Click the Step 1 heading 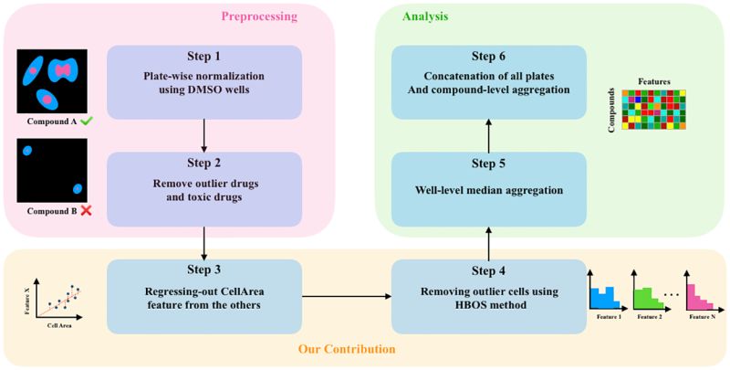pyautogui.click(x=204, y=57)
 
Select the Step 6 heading pyautogui.click(x=488, y=57)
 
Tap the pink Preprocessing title pyautogui.click(x=259, y=16)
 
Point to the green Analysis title pyautogui.click(x=425, y=16)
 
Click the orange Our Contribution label pyautogui.click(x=347, y=349)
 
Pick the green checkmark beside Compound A pyautogui.click(x=86, y=122)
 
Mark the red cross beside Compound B pyautogui.click(x=85, y=211)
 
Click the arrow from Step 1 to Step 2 pyautogui.click(x=204, y=135)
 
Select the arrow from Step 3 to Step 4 pyautogui.click(x=347, y=296)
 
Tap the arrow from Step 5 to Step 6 pyautogui.click(x=488, y=135)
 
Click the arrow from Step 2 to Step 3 pyautogui.click(x=204, y=243)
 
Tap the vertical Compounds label pyautogui.click(x=611, y=110)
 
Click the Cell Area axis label pyautogui.click(x=59, y=326)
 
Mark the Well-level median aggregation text pyautogui.click(x=488, y=190)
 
